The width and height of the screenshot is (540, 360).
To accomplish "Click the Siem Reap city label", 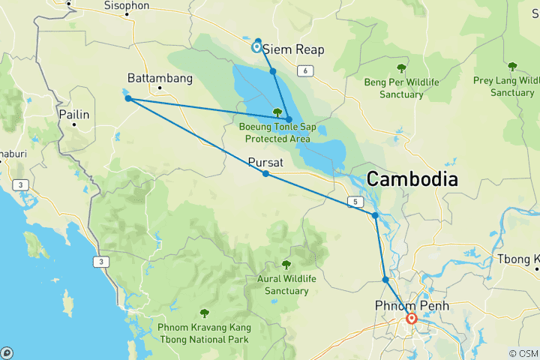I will pyautogui.click(x=293, y=49).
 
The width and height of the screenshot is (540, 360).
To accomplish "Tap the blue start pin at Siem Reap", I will pyautogui.click(x=257, y=46).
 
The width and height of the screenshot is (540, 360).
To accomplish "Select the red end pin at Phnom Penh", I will pyautogui.click(x=412, y=319).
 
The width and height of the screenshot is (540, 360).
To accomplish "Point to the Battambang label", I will pyautogui.click(x=160, y=78).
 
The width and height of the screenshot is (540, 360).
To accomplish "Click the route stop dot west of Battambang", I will pyautogui.click(x=128, y=98).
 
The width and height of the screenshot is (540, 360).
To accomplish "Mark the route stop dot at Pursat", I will pyautogui.click(x=265, y=174).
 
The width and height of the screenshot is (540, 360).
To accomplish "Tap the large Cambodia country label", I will pyautogui.click(x=412, y=179).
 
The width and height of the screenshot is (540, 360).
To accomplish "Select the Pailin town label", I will pyautogui.click(x=74, y=115).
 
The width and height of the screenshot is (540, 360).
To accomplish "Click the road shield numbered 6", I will pyautogui.click(x=306, y=70).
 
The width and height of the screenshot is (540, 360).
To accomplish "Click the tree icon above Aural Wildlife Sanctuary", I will pyautogui.click(x=286, y=264).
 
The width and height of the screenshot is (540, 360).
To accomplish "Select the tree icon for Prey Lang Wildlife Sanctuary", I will pyautogui.click(x=512, y=67).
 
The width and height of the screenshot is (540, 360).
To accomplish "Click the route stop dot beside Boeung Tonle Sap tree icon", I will pyautogui.click(x=289, y=119).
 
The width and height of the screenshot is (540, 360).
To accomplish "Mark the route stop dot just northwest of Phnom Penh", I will pyautogui.click(x=385, y=280).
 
